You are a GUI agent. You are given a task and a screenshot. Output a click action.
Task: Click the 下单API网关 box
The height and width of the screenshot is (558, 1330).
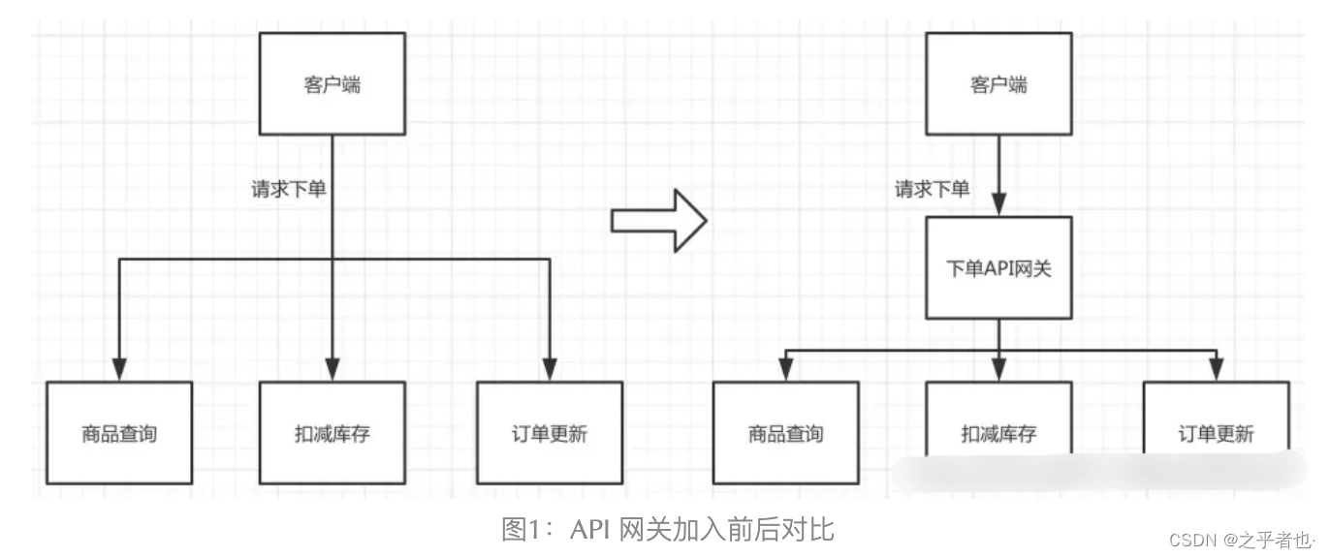tap(998, 268)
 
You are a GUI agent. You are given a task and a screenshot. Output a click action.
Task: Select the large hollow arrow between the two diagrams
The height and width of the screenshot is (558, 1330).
tap(658, 220)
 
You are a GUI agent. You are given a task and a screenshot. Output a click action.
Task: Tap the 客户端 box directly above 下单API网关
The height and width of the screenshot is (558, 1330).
tap(998, 84)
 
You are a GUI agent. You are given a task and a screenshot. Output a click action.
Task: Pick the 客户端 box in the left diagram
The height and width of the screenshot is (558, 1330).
tap(332, 84)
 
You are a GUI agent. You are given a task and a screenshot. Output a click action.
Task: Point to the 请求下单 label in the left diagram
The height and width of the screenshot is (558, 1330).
tap(289, 190)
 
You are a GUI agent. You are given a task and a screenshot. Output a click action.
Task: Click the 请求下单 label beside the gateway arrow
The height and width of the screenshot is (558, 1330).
tap(932, 190)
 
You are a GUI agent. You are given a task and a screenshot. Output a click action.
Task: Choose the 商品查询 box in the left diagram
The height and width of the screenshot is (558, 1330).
tap(119, 433)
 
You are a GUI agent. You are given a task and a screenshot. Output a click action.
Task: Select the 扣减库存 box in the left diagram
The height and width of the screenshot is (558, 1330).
tap(332, 433)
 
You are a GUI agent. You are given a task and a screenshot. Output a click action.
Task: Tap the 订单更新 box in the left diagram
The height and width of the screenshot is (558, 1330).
tap(550, 433)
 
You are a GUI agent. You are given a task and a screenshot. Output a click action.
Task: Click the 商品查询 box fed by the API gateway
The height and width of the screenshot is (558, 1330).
tap(785, 433)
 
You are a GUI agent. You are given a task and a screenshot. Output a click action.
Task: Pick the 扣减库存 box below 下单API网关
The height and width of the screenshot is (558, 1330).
tap(998, 433)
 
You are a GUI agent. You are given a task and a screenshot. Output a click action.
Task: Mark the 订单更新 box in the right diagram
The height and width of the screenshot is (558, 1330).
tap(1216, 433)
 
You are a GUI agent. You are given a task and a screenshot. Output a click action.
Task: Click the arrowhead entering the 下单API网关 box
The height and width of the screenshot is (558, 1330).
tap(998, 205)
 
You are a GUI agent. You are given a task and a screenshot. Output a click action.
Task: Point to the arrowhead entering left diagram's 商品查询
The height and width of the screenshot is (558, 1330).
tap(119, 369)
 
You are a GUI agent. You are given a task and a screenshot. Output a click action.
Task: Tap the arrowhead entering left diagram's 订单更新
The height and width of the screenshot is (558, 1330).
tap(550, 369)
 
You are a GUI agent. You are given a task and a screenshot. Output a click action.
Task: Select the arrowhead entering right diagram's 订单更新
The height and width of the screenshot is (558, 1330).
tap(1216, 370)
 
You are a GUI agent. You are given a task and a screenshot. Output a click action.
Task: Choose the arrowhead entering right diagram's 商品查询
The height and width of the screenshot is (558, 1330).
tap(785, 370)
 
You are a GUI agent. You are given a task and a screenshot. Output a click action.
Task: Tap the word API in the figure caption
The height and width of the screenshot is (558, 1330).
tap(590, 530)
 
